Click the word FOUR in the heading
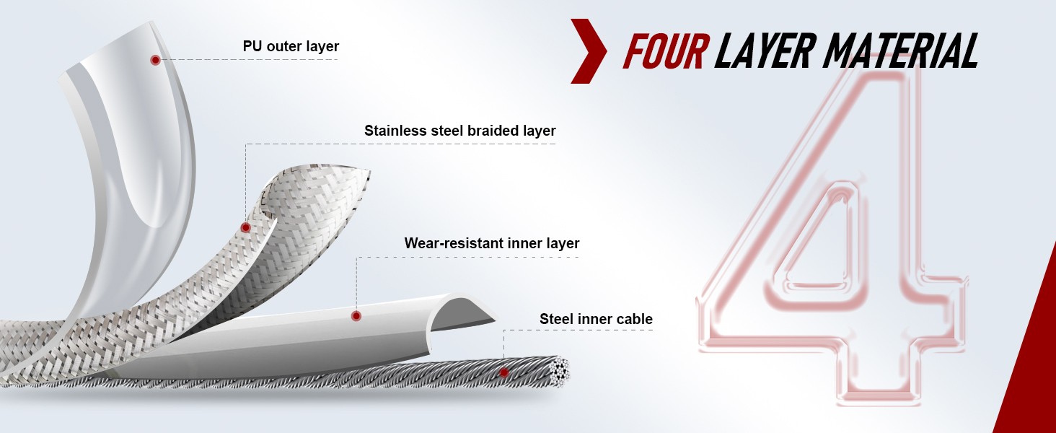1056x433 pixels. [x=665, y=51]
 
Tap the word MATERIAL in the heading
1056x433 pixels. [x=900, y=51]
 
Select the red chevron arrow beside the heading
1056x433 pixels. [x=589, y=51]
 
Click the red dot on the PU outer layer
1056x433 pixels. [x=155, y=60]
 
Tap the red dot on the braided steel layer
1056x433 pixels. [x=245, y=228]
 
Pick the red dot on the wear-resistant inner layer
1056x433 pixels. [x=356, y=316]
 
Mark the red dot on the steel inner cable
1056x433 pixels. [x=504, y=372]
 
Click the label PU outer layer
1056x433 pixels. [x=291, y=46]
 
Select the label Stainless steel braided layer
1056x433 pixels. [x=459, y=131]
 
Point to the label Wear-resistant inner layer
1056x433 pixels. [x=492, y=243]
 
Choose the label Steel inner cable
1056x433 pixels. [x=596, y=319]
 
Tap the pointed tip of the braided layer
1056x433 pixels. [x=368, y=171]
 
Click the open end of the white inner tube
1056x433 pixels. [x=465, y=312]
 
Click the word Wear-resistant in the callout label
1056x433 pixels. [x=452, y=243]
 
